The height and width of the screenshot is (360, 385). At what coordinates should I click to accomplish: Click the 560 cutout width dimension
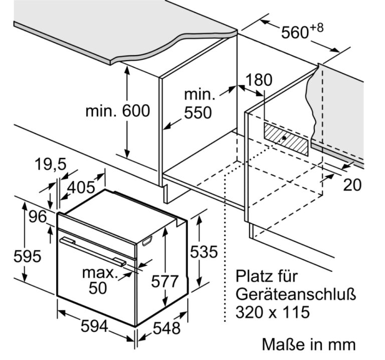tap(295, 32)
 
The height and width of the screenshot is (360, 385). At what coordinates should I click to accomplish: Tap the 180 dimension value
tap(259, 80)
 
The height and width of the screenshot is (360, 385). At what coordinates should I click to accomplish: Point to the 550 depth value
tap(198, 113)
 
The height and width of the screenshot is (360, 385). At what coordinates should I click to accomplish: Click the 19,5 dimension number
tap(51, 164)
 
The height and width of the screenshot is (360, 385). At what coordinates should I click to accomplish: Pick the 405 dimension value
tap(81, 187)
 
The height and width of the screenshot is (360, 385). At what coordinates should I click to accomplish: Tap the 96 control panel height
tap(38, 217)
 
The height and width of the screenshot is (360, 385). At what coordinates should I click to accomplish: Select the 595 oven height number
tap(27, 256)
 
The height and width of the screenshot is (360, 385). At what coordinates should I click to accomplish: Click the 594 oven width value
tap(95, 326)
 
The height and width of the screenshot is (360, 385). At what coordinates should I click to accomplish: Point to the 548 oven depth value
tap(167, 328)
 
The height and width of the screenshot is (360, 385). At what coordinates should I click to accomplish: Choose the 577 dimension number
tap(164, 281)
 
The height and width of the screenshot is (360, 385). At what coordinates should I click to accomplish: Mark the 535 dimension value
tap(204, 252)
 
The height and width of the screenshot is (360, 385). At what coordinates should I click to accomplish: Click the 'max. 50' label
tap(98, 280)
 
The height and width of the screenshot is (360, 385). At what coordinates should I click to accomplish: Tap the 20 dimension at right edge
tap(352, 185)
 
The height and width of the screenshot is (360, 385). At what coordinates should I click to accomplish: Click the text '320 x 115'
tap(273, 312)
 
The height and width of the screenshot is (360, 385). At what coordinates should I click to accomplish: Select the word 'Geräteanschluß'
tap(296, 294)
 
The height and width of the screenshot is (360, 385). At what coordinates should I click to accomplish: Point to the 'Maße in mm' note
tap(309, 344)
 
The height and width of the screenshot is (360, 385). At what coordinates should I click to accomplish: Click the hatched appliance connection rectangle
tap(286, 139)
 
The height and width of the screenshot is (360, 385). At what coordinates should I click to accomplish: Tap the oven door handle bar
tap(93, 252)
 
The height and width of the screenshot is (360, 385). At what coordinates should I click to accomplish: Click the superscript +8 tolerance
tap(317, 28)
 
